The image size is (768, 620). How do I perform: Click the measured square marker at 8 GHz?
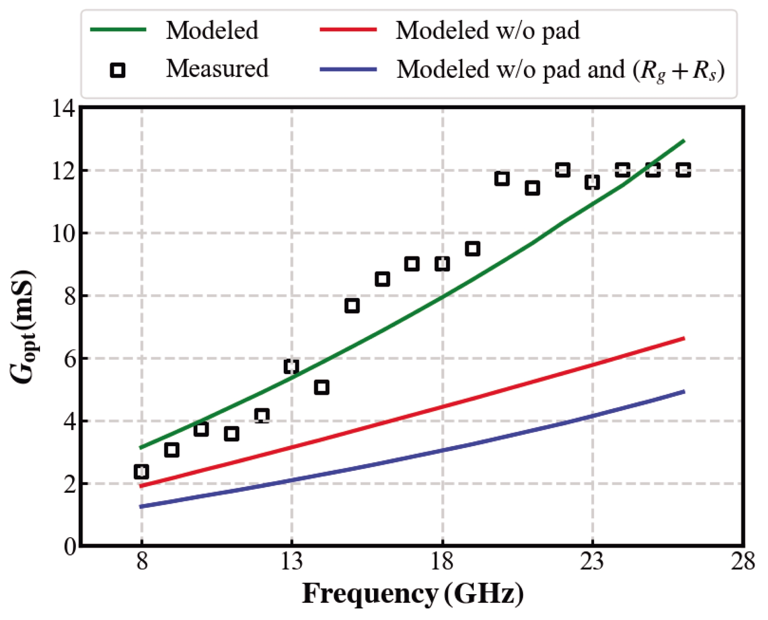[141, 472]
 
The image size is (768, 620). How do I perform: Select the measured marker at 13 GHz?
[291, 366]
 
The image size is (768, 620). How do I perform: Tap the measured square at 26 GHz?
[683, 170]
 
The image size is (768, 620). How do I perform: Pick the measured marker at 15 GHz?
[352, 306]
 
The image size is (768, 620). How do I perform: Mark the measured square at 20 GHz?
[502, 179]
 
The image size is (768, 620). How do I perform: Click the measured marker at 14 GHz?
[322, 387]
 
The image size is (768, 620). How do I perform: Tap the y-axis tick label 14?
[64, 109]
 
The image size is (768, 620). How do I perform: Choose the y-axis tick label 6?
[70, 359]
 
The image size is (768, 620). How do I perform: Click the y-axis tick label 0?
[70, 547]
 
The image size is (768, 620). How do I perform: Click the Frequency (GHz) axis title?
[413, 594]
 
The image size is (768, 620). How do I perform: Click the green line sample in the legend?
[118, 30]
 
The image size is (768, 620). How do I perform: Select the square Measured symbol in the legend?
[118, 70]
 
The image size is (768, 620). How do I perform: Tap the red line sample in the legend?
[348, 30]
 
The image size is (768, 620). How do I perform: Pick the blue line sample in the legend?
[348, 70]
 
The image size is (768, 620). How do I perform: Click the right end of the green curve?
[684, 141]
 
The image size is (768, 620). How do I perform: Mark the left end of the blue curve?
[141, 507]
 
